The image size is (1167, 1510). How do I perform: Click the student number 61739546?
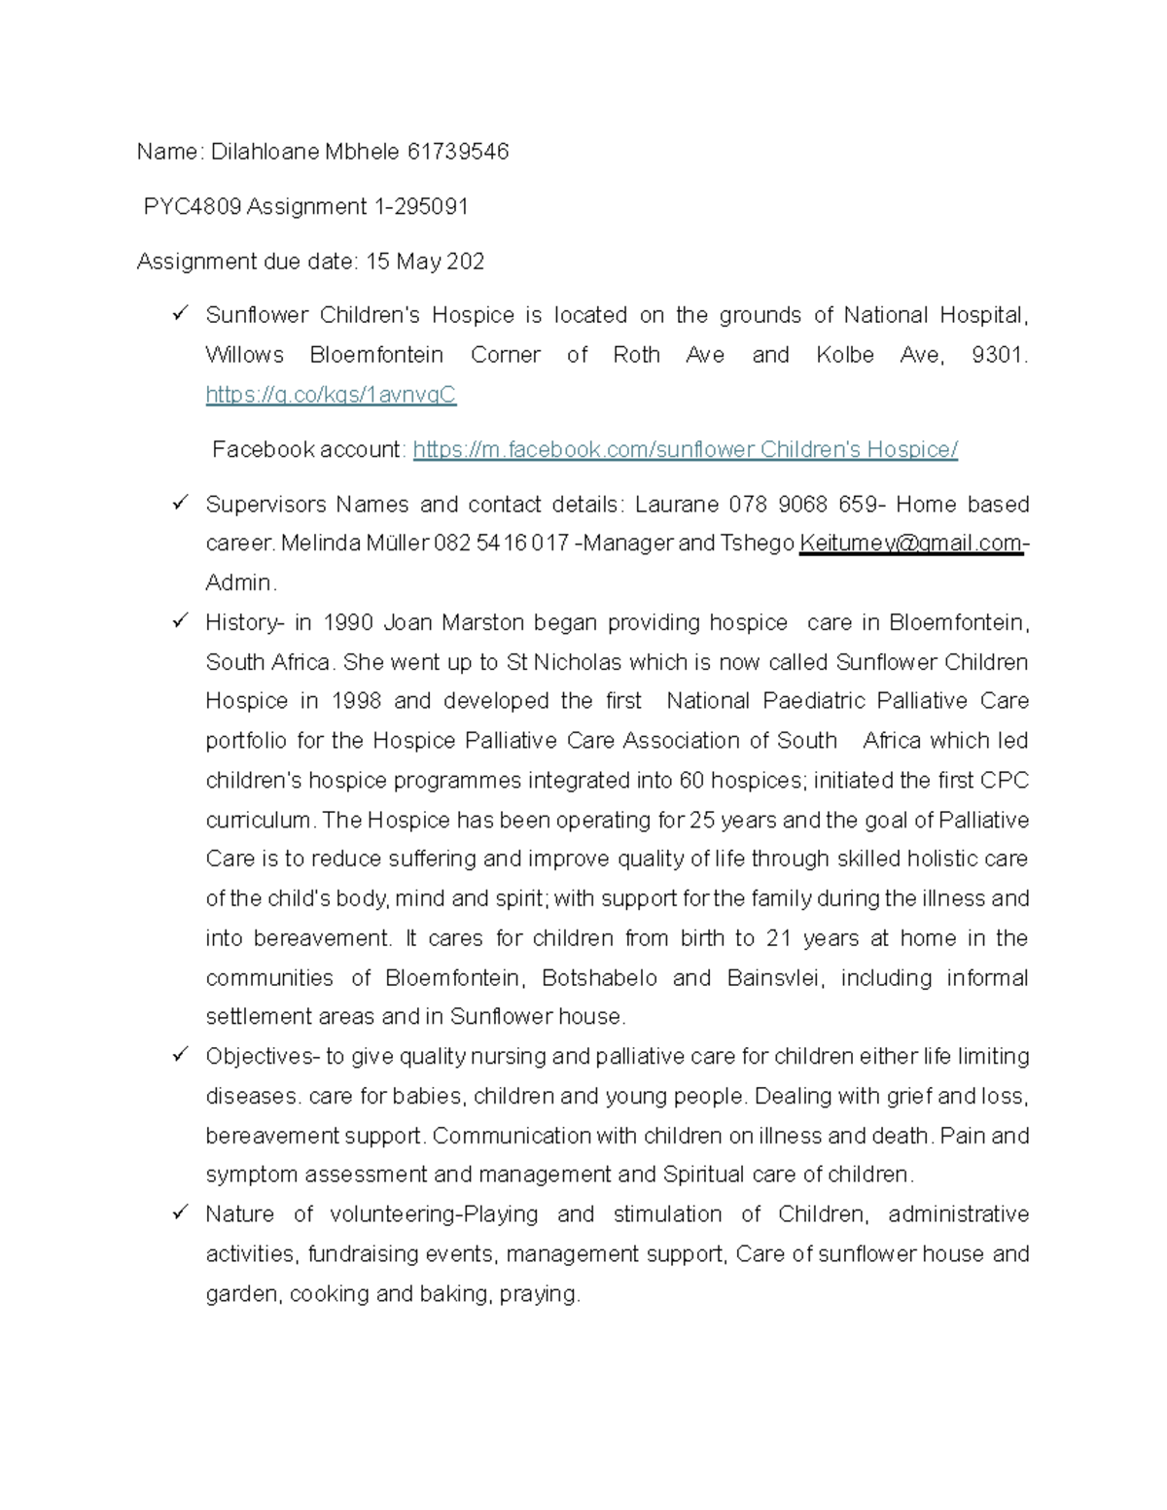tap(458, 152)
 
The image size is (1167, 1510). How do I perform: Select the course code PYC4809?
tap(192, 207)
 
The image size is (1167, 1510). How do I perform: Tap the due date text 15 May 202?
tap(425, 262)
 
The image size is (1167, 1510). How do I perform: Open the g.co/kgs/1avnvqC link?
tap(331, 395)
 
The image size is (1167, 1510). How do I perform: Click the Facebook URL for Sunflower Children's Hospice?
tap(685, 450)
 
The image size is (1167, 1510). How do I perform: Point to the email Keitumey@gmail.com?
tap(910, 544)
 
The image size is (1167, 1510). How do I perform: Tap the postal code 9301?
tap(999, 356)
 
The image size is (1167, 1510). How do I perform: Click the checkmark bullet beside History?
tap(180, 621)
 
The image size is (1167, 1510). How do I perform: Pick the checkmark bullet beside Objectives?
tap(180, 1055)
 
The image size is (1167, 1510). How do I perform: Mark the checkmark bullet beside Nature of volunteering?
tap(180, 1212)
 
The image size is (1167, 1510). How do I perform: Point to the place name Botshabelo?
tap(599, 978)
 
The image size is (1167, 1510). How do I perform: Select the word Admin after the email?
tap(239, 583)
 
